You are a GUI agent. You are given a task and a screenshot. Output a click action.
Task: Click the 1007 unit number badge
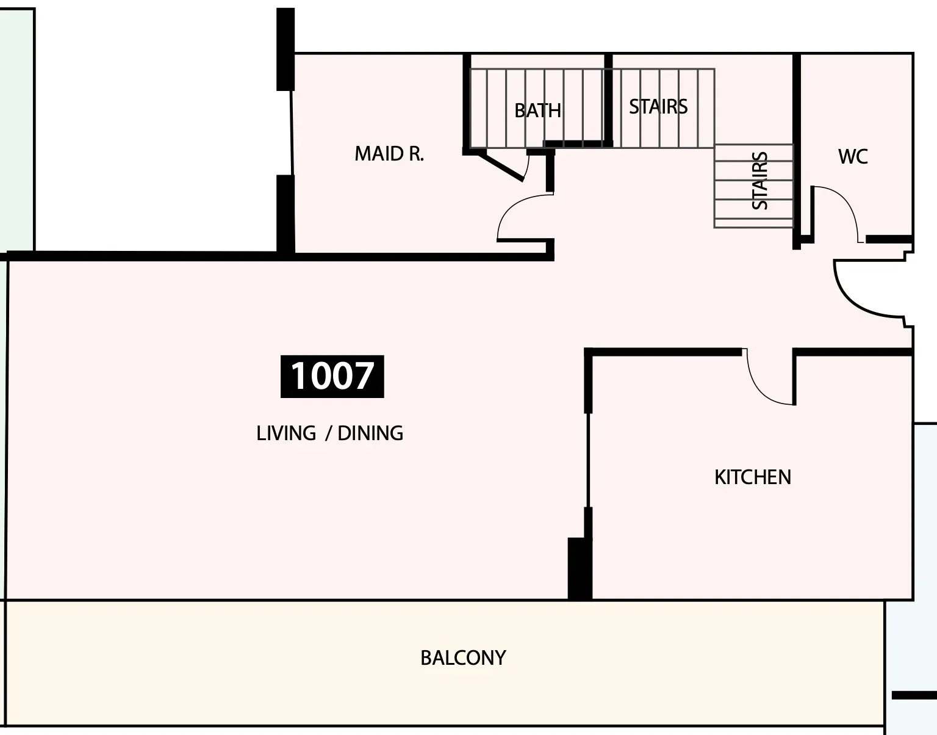(x=332, y=376)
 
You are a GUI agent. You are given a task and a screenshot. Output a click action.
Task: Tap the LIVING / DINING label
(x=330, y=433)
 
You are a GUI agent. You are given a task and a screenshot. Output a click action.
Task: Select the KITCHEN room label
(x=752, y=477)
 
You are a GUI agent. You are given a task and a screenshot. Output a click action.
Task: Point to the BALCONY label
(x=463, y=658)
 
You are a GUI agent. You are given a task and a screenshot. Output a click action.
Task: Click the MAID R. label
(x=389, y=154)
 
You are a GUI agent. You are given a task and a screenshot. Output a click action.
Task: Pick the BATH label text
(x=537, y=110)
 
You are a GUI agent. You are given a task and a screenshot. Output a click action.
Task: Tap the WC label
(x=853, y=156)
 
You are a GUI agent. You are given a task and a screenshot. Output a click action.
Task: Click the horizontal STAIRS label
(x=658, y=107)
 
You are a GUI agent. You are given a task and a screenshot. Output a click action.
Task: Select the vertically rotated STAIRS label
(x=759, y=181)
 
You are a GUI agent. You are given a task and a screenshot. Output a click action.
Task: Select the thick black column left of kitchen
(x=580, y=568)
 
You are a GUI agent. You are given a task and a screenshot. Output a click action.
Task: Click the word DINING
(x=370, y=433)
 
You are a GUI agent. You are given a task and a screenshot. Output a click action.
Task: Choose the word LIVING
(x=286, y=433)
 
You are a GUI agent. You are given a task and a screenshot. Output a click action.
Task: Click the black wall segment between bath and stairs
(x=608, y=100)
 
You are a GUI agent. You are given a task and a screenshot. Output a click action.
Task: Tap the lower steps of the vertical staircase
(x=753, y=209)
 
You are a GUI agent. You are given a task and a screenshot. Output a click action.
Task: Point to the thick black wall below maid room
(x=280, y=256)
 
